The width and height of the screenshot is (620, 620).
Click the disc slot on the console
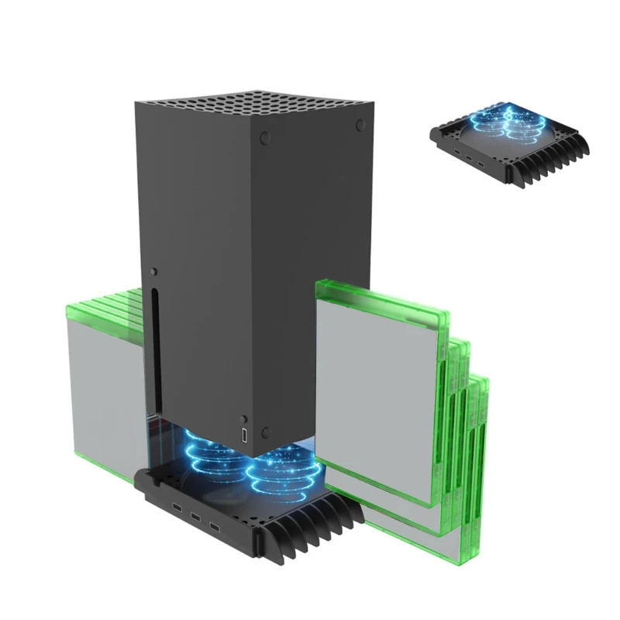(x=156, y=349)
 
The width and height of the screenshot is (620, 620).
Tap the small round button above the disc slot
(x=154, y=272)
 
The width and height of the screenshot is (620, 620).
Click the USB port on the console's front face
(x=245, y=436)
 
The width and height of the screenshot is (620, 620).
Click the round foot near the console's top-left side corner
(x=266, y=138)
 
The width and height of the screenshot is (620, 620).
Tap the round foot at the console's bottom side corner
(x=265, y=432)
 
